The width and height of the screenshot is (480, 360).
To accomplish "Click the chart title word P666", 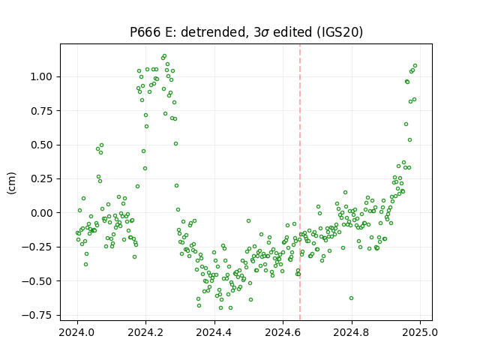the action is (x=145, y=32).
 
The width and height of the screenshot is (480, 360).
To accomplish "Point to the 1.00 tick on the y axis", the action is (x=41, y=76).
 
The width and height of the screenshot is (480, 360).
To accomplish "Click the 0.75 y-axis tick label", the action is (x=41, y=111).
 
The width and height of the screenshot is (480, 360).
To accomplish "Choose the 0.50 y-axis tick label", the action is (x=41, y=145).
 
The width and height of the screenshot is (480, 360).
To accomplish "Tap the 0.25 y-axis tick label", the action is (x=41, y=178).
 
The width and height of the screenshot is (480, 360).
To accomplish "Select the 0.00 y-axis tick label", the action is (x=41, y=213).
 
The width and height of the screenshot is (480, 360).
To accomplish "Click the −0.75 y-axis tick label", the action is (x=37, y=315).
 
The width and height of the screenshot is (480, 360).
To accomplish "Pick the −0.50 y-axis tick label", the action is (x=37, y=281).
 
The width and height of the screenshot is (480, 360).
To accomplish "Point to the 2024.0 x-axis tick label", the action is (x=77, y=332).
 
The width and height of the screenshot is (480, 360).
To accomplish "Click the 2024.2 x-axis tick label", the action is (x=146, y=332).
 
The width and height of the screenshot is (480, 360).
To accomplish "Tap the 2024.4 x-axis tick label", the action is (x=214, y=332).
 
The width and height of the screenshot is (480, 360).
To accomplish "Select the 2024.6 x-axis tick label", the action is (x=283, y=332).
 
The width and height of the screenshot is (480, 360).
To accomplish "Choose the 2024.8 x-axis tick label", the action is (x=352, y=332).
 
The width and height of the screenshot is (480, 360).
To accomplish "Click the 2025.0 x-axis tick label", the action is (x=420, y=332).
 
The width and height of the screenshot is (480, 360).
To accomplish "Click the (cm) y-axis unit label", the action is (x=12, y=182).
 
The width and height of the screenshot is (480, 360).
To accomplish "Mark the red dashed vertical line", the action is (x=300, y=182).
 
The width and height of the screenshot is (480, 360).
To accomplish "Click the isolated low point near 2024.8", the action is (x=352, y=298).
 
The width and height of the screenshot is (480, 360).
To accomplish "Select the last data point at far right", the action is (x=415, y=65).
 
